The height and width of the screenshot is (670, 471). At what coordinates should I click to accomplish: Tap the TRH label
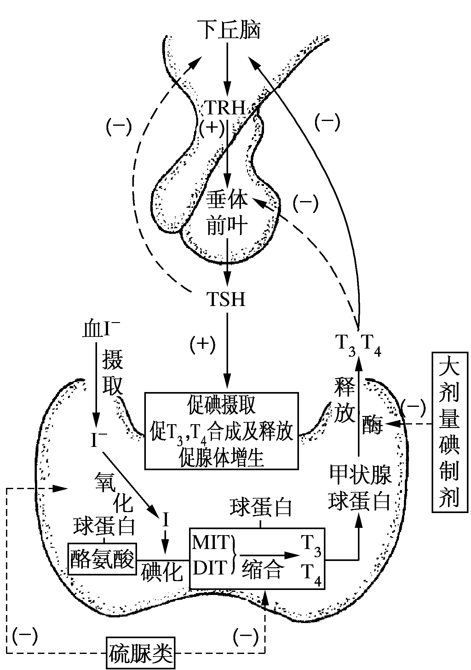[x=226, y=108]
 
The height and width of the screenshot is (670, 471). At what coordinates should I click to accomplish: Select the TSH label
[x=226, y=299]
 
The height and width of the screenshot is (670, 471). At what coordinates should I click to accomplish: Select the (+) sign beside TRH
[x=212, y=127]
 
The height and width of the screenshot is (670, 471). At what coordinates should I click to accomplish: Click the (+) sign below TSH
[x=203, y=344]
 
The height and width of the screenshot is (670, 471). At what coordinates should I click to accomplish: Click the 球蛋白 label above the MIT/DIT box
[x=261, y=508]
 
